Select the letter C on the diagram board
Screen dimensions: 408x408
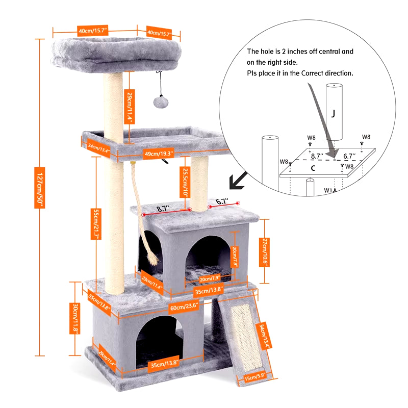tap(313, 168)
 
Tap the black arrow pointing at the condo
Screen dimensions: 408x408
tap(237, 180)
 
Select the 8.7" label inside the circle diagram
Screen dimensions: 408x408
tap(317, 157)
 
